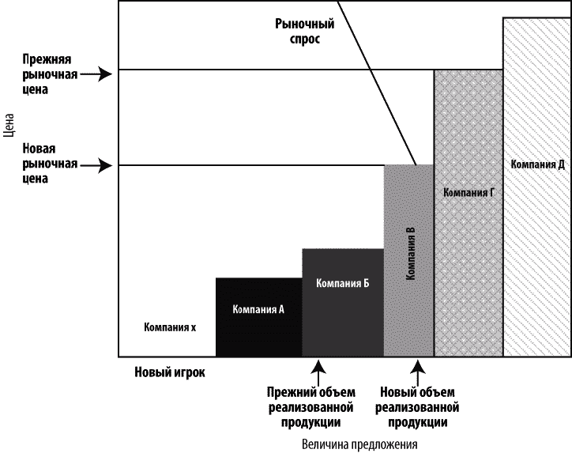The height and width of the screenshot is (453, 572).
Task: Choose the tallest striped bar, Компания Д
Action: [536, 237]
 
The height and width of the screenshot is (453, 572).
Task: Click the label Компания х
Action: [170, 327]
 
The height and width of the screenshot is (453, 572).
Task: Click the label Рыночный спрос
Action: [299, 32]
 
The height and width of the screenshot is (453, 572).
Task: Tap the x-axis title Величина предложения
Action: [359, 444]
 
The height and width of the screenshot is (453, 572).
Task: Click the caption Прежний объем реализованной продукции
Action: [311, 406]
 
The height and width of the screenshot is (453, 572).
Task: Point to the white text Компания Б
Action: [343, 284]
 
